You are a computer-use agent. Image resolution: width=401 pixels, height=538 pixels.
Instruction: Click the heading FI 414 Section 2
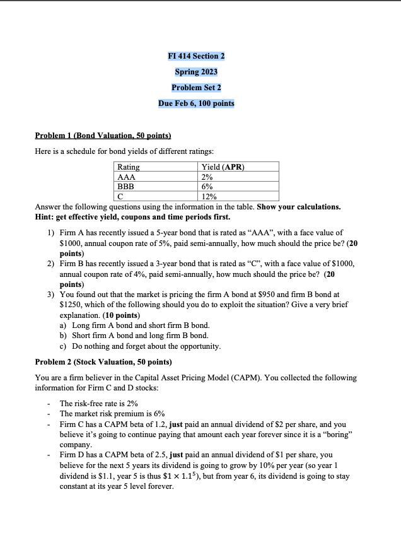coord(196,56)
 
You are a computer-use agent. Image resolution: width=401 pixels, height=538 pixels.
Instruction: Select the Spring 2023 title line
coord(196,72)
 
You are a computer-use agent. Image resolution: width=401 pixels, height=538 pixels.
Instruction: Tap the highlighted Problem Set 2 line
coord(196,88)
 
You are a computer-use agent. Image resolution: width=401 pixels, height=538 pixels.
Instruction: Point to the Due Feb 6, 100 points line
coord(196,103)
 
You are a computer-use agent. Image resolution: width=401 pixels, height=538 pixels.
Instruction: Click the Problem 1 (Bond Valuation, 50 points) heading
coord(103,136)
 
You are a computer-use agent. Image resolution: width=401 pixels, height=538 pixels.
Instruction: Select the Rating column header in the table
coord(129,167)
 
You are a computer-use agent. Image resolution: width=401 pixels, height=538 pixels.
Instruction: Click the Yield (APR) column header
coord(223,167)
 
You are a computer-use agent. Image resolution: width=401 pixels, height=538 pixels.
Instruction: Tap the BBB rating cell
coord(127,187)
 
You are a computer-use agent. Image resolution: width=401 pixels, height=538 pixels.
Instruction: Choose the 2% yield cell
coord(207,177)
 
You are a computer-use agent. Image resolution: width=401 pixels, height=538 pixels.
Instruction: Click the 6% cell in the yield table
coord(207,187)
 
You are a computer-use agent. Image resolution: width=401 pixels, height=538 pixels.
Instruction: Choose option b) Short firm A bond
coord(133,336)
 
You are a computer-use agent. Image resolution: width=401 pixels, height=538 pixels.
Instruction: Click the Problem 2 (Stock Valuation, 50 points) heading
coord(102,362)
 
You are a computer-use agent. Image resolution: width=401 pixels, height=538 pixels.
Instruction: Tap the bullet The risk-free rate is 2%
coord(99,403)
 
